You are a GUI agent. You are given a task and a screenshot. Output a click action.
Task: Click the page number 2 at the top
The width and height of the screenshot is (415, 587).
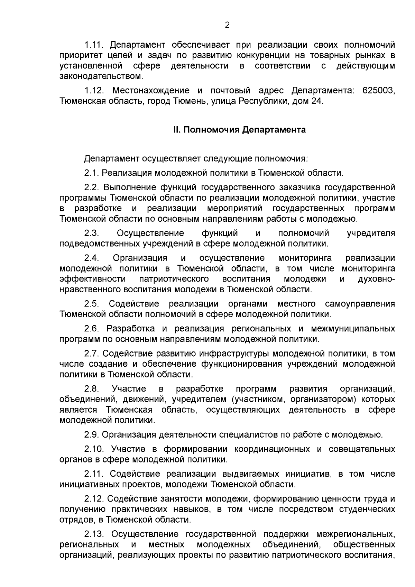click(x=227, y=25)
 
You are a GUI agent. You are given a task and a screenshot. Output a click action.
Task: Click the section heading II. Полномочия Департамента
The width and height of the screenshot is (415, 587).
click(x=239, y=130)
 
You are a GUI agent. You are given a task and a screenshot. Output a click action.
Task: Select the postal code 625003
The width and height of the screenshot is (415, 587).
click(x=379, y=91)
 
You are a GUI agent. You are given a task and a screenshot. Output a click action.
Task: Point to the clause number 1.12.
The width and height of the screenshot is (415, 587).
click(x=94, y=91)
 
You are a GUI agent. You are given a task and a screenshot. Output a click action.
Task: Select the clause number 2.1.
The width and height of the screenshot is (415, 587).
click(x=92, y=173)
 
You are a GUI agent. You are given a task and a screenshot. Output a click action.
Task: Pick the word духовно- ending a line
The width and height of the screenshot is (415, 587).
click(x=377, y=279)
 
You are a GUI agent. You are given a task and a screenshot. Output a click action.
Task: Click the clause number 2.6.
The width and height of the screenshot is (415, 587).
click(x=92, y=328)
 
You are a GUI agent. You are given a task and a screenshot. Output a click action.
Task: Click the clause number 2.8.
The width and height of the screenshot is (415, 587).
click(x=92, y=389)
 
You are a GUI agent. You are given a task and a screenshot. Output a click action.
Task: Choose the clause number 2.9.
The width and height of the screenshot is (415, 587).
click(x=92, y=435)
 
